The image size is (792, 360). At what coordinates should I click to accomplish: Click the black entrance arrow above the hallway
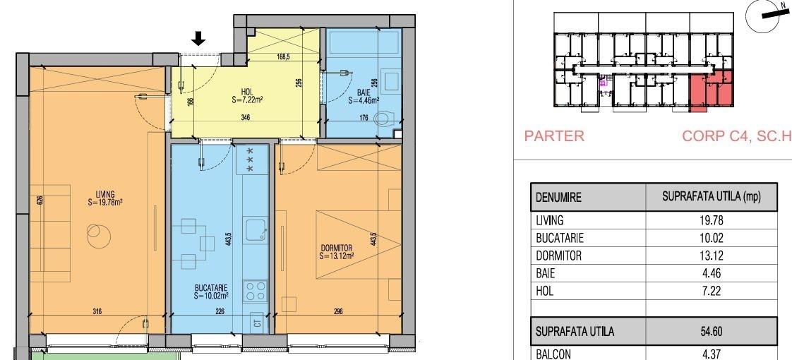pyautogui.click(x=200, y=38)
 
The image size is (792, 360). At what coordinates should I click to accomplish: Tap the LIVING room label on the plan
pyautogui.click(x=106, y=194)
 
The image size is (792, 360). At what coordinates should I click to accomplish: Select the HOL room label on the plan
pyautogui.click(x=247, y=91)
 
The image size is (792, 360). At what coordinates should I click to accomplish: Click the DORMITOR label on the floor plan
pyautogui.click(x=337, y=248)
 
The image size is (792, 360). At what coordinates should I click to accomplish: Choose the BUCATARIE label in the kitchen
pyautogui.click(x=211, y=288)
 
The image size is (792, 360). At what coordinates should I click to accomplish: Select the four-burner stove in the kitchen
pyautogui.click(x=255, y=291)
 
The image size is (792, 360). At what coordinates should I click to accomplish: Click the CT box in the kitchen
pyautogui.click(x=257, y=322)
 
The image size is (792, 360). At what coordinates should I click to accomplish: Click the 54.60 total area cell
pyautogui.click(x=712, y=332)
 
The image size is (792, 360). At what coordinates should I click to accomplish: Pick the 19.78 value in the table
pyautogui.click(x=712, y=221)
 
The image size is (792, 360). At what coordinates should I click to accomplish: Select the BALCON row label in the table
pyautogui.click(x=553, y=354)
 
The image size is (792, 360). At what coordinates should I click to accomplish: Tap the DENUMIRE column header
pyautogui.click(x=558, y=197)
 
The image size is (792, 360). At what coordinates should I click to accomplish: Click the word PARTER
pyautogui.click(x=554, y=136)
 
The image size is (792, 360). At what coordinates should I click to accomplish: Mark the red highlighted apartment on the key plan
pyautogui.click(x=711, y=91)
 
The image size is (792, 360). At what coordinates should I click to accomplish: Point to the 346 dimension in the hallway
pyautogui.click(x=245, y=118)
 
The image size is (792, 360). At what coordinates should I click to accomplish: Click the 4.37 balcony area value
pyautogui.click(x=712, y=354)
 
